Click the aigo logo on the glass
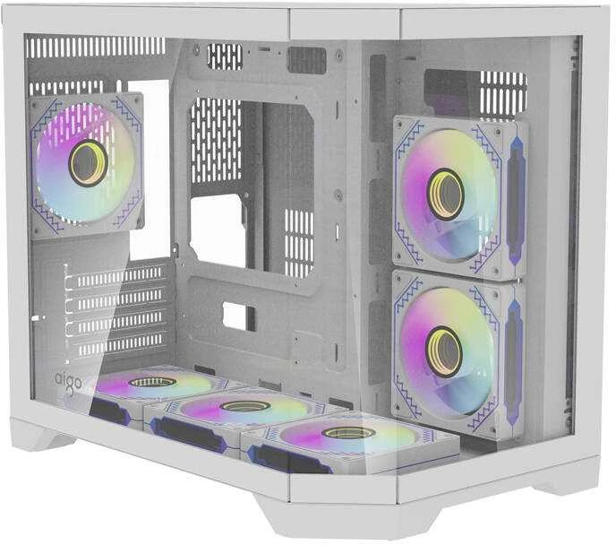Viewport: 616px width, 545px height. (67, 382)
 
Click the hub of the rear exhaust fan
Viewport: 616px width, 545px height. (88, 162)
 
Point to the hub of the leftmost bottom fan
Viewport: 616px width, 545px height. (152, 382)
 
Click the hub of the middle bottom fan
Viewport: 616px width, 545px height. (244, 406)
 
